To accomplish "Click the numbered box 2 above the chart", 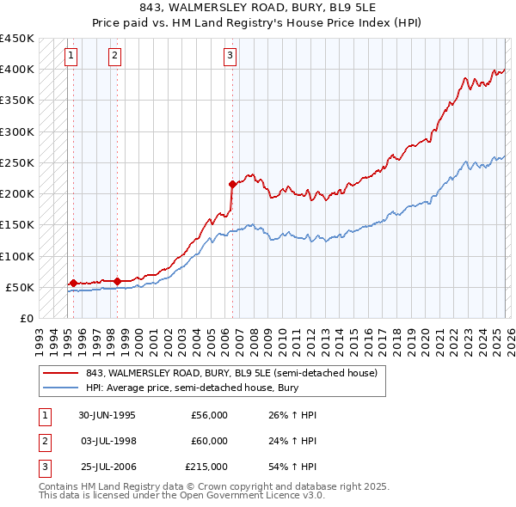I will [x=115, y=57].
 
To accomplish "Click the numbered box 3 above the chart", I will [x=230, y=57].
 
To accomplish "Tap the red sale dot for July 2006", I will [x=232, y=184].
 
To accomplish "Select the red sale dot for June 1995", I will [x=73, y=283].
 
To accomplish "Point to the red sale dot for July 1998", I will [x=117, y=280].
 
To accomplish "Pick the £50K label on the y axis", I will [x=20, y=287].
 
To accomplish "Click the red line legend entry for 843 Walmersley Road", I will [x=231, y=373].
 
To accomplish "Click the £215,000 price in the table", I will [x=206, y=468].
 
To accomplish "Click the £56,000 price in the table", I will [x=209, y=415].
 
